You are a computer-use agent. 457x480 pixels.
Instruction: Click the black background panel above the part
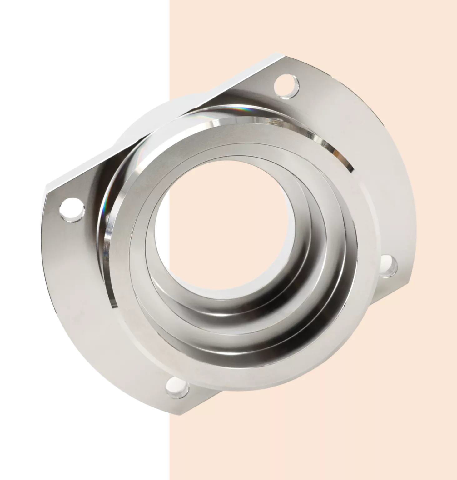(84, 47)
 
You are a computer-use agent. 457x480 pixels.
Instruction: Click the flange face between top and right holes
(359, 141)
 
